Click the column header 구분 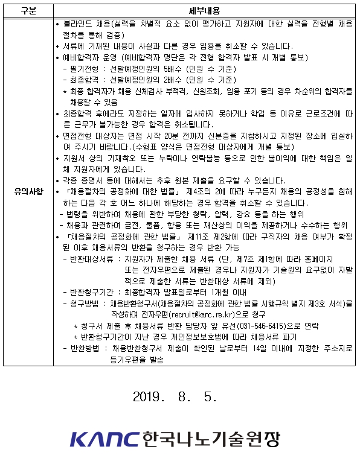pyautogui.click(x=27, y=11)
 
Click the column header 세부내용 pyautogui.click(x=205, y=11)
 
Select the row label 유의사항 pyautogui.click(x=28, y=192)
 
